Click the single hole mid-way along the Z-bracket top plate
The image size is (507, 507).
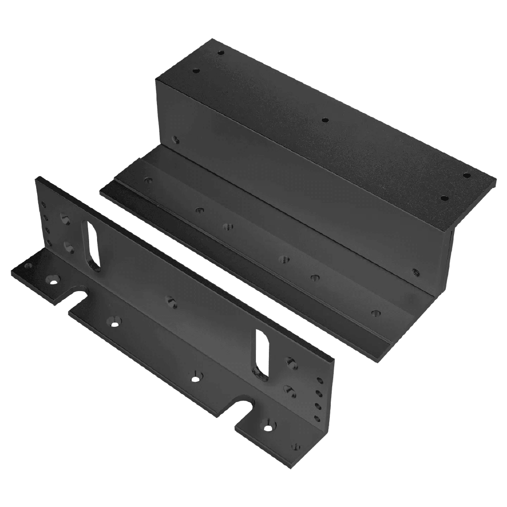[325, 120]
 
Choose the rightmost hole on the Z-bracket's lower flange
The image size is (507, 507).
[376, 313]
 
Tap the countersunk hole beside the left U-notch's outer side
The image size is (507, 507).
[52, 279]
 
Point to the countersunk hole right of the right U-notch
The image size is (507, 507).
[269, 425]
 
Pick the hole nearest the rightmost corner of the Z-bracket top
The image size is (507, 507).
[466, 175]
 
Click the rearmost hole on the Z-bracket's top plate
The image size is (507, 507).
[221, 52]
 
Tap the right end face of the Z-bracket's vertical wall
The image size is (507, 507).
[450, 257]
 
